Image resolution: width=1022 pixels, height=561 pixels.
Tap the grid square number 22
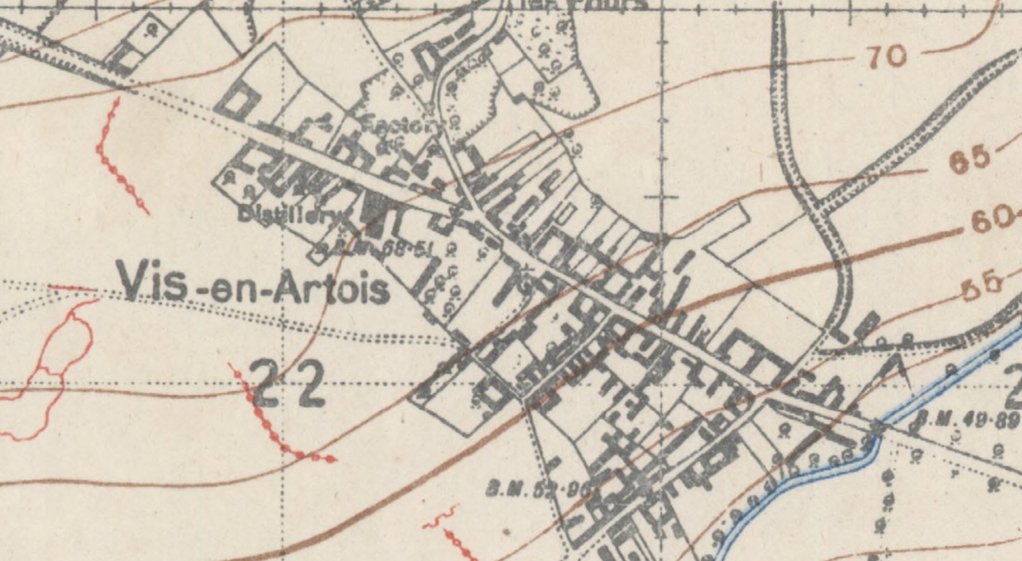point(287,383)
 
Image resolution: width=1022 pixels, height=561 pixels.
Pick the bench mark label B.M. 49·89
point(966,418)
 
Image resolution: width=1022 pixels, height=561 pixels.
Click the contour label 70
point(886,56)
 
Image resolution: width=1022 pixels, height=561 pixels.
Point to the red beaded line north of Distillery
point(120,165)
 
